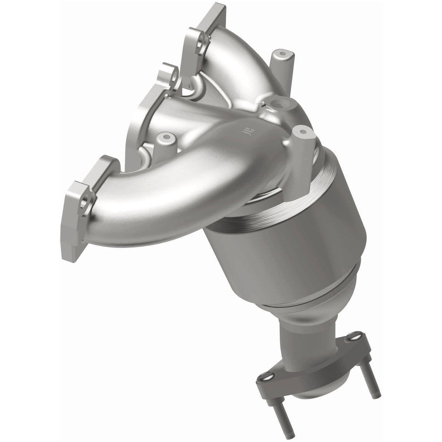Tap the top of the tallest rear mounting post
click(279, 54)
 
